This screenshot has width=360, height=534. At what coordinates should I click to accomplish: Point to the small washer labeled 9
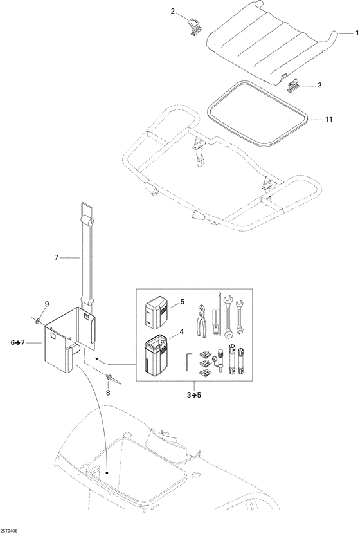pyautogui.click(x=39, y=319)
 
